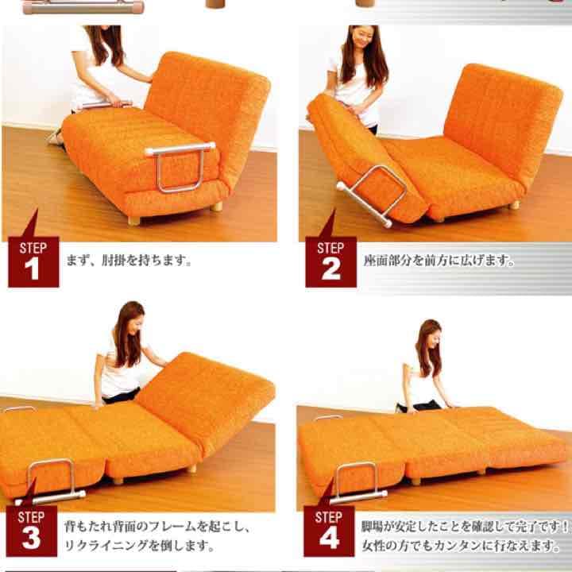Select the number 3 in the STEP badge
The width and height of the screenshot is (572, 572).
(32, 538)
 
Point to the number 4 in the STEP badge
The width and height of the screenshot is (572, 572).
(329, 538)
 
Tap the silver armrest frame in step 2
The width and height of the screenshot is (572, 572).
(373, 195)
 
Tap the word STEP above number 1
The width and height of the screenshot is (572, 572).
(32, 248)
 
